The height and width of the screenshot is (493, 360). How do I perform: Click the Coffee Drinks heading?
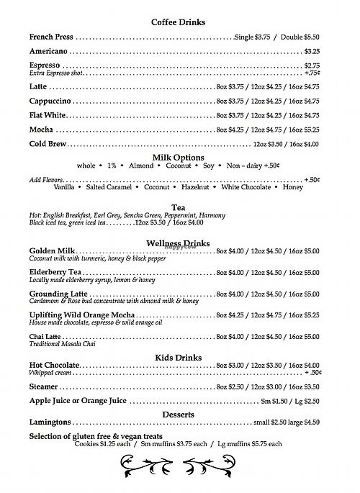point(178,22)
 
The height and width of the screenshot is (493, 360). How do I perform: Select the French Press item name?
point(52,37)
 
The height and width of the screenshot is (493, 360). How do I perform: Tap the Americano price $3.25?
point(311,52)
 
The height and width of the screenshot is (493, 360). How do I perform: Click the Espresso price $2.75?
point(311,65)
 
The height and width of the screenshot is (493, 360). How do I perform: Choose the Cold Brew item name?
point(48,143)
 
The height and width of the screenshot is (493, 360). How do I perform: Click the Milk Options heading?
point(178,157)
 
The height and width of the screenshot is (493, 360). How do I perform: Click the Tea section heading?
point(178,205)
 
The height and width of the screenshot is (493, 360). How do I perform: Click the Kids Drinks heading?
point(178,358)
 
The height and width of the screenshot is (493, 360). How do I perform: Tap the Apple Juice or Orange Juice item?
point(78,401)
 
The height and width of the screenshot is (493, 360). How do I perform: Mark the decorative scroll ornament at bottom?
point(178,469)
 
